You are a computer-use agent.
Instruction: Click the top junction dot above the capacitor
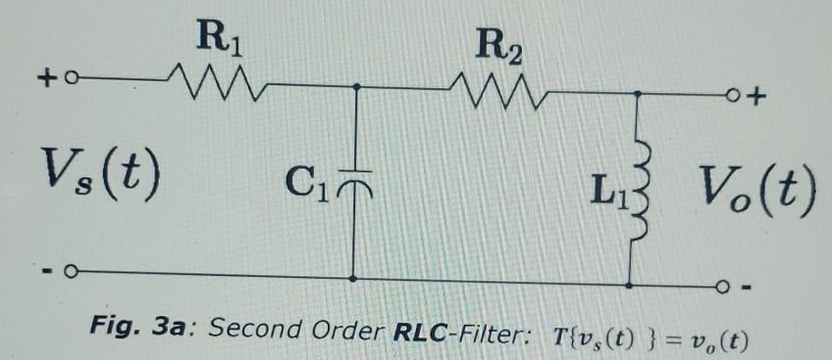(x=356, y=86)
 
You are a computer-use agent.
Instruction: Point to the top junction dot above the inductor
(x=640, y=95)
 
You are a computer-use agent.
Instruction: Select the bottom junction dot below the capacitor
(x=354, y=279)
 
